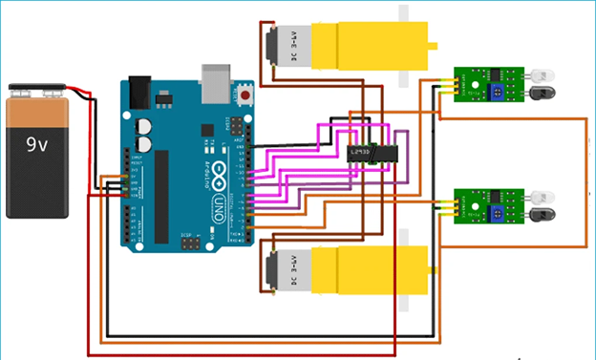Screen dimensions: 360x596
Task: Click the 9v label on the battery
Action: pyautogui.click(x=38, y=146)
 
